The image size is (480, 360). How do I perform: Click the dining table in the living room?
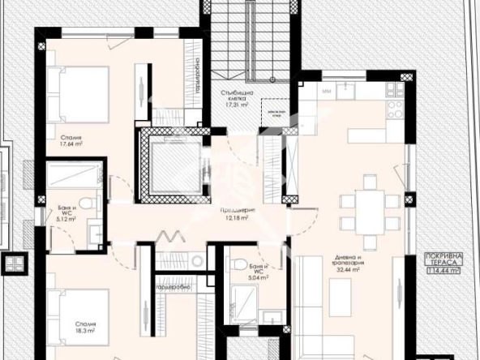pos(370,209)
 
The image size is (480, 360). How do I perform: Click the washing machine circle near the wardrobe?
pos(196,259)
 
